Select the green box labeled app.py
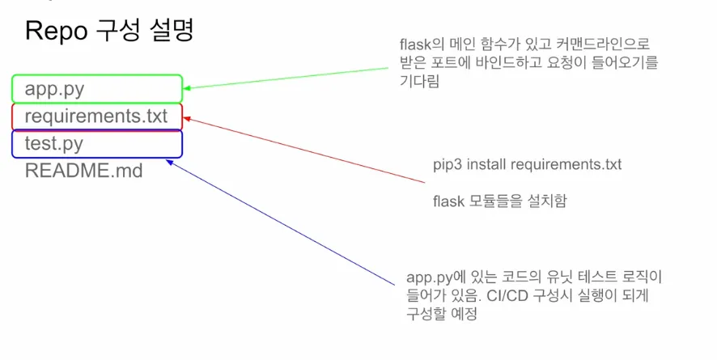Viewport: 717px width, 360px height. (97, 88)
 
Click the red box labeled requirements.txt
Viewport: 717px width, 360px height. (97, 116)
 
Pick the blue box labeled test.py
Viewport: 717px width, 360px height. (97, 143)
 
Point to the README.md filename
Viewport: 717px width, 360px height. (83, 171)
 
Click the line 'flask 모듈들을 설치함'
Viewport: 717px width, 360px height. (499, 200)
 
